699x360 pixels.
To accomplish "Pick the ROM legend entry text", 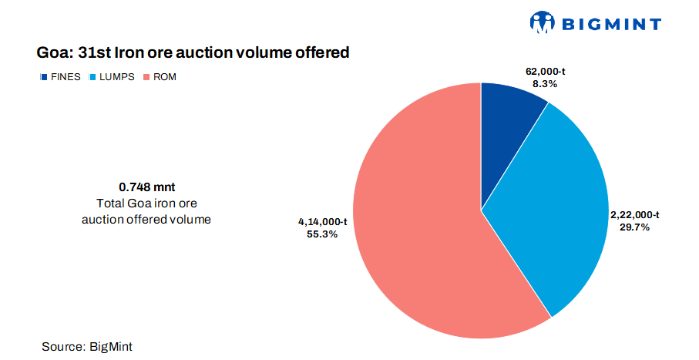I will pos(165,77).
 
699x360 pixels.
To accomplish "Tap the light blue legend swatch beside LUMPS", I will pos(92,77).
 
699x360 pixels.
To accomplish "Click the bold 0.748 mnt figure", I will pos(146,187).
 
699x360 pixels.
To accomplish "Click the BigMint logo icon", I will pos(543,22).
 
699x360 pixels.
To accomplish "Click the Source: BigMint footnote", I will pos(82,347).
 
